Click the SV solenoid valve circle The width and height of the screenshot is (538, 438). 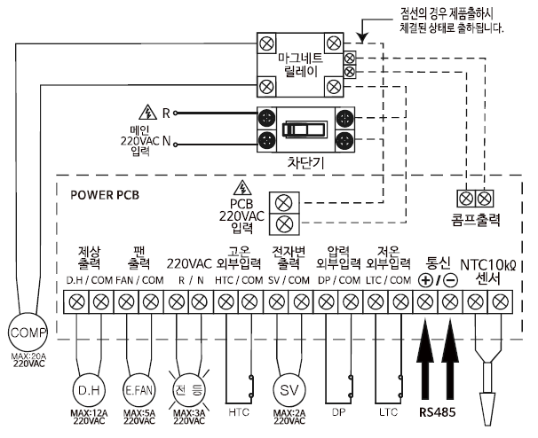pos(290,389)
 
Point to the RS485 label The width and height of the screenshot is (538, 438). pos(439,412)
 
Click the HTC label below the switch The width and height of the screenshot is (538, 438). pos(239,412)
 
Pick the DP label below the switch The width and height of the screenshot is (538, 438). pos(339,412)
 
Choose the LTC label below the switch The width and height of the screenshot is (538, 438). pos(389,412)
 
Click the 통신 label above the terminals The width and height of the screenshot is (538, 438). pos(439,263)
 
